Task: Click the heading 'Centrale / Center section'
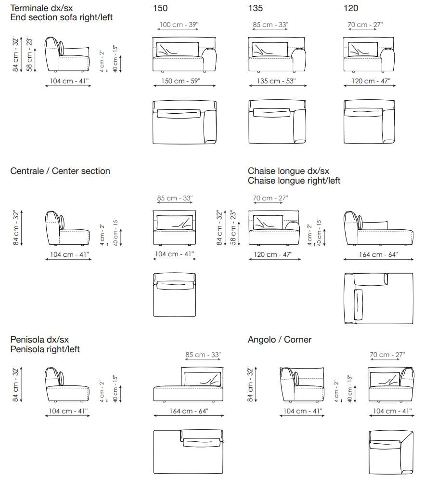pyautogui.click(x=60, y=171)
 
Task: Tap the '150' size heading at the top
pyautogui.click(x=160, y=8)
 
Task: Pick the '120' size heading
pyautogui.click(x=351, y=8)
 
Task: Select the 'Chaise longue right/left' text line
pyautogui.click(x=294, y=181)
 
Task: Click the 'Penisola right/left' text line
pyautogui.click(x=45, y=349)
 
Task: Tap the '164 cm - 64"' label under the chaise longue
pyautogui.click(x=379, y=254)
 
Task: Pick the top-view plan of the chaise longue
pyautogui.click(x=379, y=299)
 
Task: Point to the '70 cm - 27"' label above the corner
pyautogui.click(x=387, y=355)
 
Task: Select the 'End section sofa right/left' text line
pyautogui.click(x=62, y=17)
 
